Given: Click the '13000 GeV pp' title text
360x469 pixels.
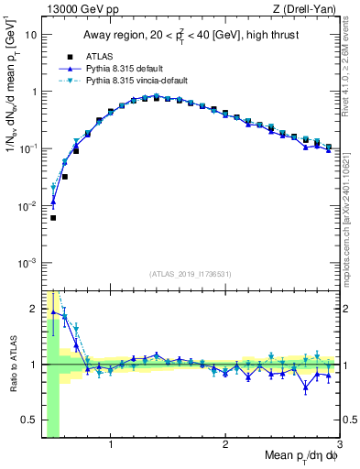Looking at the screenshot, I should tap(76, 8).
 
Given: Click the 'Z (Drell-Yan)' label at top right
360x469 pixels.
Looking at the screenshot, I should tap(306, 8).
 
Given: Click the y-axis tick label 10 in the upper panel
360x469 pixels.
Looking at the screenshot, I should tap(31, 35).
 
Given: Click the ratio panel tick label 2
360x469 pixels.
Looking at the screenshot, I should tap(34, 308).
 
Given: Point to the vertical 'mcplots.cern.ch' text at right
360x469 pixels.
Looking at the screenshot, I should tap(352, 220).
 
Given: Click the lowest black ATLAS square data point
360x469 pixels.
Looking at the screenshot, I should tap(53, 218).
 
